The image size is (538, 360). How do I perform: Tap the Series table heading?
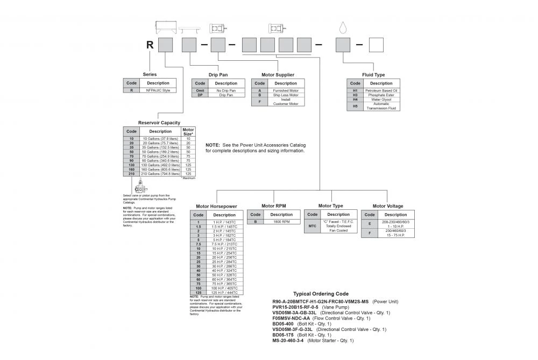coord(150,74)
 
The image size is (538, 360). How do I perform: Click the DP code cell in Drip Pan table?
coord(200,95)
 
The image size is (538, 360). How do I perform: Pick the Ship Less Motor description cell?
coord(286,95)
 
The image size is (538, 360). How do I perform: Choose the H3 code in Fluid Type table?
coord(355,95)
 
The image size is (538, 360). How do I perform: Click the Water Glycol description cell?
coord(381,100)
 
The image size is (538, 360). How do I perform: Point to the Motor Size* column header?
coord(188,131)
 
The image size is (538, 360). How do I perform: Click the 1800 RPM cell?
coord(281,221)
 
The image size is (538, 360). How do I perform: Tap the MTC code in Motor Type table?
coord(312,226)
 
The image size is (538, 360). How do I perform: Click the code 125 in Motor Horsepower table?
coord(199,292)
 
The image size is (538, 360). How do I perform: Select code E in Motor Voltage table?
coord(369,223)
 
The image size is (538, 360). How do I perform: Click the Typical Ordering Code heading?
coord(321,294)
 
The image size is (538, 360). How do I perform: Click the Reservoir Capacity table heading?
coord(159,123)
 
